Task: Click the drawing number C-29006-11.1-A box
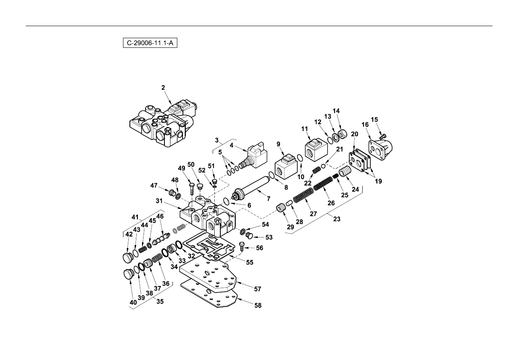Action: [x=150, y=43]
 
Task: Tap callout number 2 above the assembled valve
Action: [x=163, y=88]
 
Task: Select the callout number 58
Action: [x=258, y=305]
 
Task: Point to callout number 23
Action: [x=337, y=219]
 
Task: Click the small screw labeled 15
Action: [x=383, y=137]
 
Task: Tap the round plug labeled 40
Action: [x=128, y=274]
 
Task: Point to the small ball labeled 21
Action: [x=323, y=166]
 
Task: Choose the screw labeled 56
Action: [x=242, y=246]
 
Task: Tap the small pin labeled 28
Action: [x=289, y=202]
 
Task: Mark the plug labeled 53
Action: [x=249, y=235]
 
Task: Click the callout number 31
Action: [x=159, y=201]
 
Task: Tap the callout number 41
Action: [x=135, y=217]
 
